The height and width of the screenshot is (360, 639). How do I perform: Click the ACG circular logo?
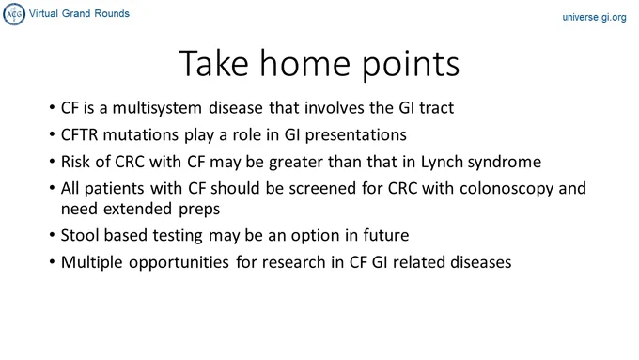pyautogui.click(x=14, y=14)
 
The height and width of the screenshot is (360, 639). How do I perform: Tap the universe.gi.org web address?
pyautogui.click(x=594, y=18)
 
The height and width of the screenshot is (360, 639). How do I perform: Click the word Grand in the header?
pyautogui.click(x=76, y=13)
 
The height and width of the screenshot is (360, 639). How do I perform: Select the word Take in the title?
pyautogui.click(x=214, y=63)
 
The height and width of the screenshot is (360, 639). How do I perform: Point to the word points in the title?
pyautogui.click(x=411, y=65)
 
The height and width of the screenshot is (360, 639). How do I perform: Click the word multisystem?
pyautogui.click(x=157, y=108)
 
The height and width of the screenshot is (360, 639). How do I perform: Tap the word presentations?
pyautogui.click(x=356, y=135)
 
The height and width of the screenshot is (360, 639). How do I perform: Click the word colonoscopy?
pyautogui.click(x=507, y=189)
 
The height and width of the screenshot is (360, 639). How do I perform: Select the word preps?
pyautogui.click(x=199, y=210)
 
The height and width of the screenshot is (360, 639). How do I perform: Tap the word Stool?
pyautogui.click(x=80, y=235)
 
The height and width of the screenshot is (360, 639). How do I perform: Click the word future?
pyautogui.click(x=386, y=236)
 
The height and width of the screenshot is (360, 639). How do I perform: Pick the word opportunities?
pyautogui.click(x=179, y=263)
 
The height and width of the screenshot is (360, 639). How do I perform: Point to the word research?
pyautogui.click(x=294, y=262)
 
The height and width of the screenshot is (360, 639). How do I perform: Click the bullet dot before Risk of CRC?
pyautogui.click(x=52, y=162)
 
